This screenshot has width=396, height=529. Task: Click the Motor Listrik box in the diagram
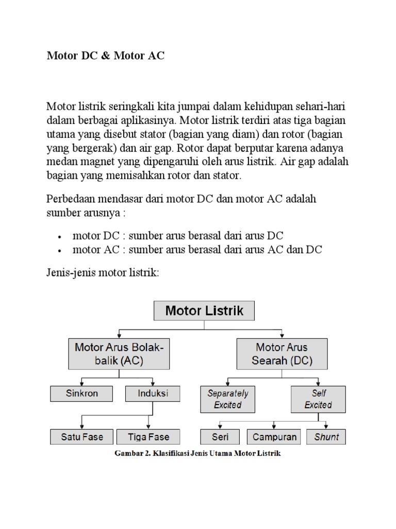point(204,311)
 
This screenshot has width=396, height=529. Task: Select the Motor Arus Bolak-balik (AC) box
point(119,354)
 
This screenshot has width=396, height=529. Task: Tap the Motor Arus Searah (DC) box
point(282,354)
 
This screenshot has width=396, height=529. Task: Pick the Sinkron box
point(81,394)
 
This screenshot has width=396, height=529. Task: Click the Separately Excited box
point(227,399)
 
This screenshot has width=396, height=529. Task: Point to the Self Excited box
point(318,399)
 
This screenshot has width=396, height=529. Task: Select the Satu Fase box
point(81,437)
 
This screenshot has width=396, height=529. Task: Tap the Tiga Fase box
point(148,437)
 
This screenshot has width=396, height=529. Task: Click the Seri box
point(220,437)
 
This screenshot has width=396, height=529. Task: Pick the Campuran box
point(274,437)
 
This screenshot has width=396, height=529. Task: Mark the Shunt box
point(326,437)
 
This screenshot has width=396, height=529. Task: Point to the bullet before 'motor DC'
point(60,237)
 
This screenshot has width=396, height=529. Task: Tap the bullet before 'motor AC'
point(60,251)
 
